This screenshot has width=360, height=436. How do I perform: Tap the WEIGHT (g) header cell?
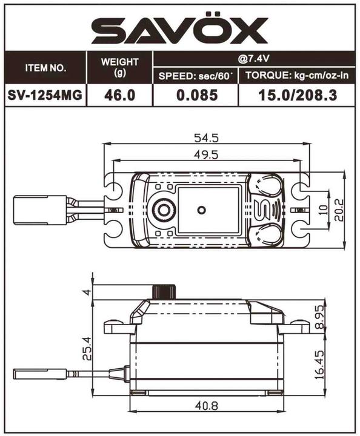pos(119,67)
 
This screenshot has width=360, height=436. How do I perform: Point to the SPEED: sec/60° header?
pos(196,76)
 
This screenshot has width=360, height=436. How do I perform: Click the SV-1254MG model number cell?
pos(45,95)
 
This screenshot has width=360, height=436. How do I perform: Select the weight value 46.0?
pos(119,95)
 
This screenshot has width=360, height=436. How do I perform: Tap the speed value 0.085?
pos(196,95)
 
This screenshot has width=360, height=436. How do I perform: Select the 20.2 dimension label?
pos(339,210)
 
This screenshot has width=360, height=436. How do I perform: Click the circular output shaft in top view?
pos(161,210)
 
